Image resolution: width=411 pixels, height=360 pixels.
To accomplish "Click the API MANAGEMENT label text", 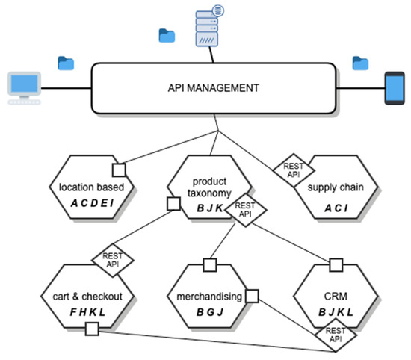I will pos(214,88).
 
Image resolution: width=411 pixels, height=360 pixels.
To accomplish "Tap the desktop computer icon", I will pos(22,87).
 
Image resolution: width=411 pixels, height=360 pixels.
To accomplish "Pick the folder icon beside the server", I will pos(167,34).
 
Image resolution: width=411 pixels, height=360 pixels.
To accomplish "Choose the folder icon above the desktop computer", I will pos(66,62).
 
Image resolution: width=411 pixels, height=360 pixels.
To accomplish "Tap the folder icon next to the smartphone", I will pos(361,62).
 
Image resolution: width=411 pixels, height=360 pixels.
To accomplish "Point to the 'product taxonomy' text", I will pos(209,187).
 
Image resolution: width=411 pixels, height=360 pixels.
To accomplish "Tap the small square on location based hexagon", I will pos(117,167).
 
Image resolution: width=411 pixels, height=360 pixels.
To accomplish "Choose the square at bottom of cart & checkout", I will pos(92,329).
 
